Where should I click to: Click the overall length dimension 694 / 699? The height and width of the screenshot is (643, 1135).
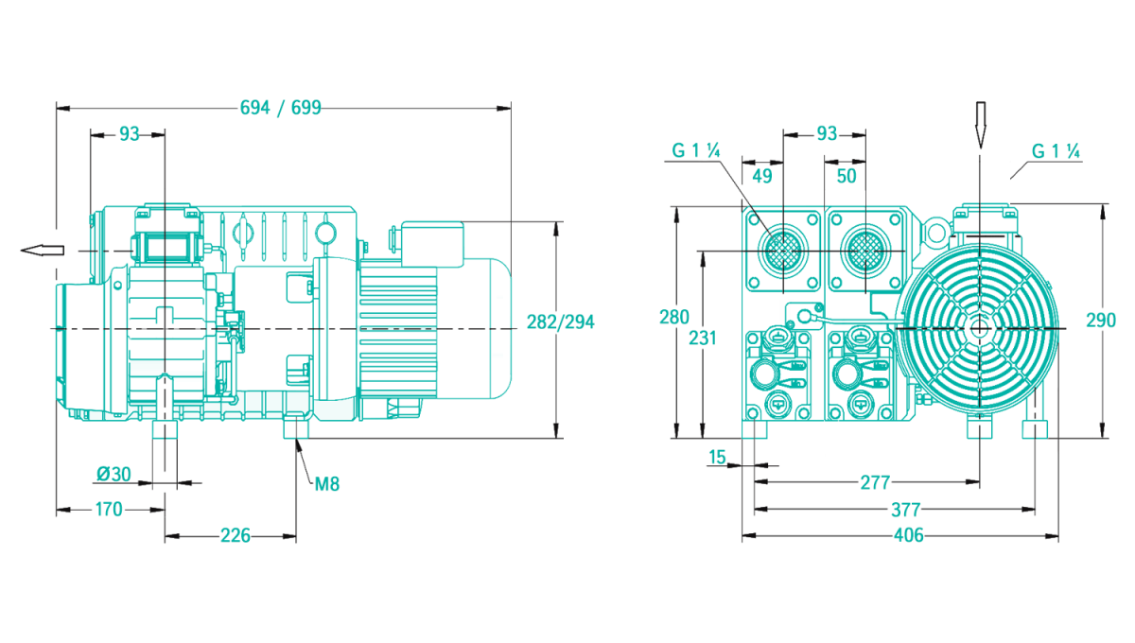click(280, 107)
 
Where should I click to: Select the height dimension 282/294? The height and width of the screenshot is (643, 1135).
click(560, 321)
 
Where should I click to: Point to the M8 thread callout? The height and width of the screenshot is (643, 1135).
click(326, 484)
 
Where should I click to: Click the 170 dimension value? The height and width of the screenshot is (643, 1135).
click(109, 510)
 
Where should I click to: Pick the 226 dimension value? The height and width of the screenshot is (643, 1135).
click(235, 536)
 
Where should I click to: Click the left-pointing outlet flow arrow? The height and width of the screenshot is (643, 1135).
click(42, 250)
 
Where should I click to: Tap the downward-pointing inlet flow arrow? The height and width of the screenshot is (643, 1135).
click(981, 123)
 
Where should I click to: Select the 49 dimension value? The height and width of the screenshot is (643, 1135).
click(761, 176)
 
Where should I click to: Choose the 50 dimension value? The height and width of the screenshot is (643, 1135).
click(846, 176)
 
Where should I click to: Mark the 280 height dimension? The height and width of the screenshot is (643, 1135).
click(674, 318)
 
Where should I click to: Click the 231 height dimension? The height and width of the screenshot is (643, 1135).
click(701, 338)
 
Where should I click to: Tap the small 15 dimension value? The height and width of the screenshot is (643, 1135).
click(717, 458)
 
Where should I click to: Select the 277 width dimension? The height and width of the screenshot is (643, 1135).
click(875, 482)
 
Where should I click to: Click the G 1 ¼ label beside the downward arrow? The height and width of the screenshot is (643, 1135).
click(1056, 151)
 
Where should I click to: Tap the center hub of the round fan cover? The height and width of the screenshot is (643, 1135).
click(979, 326)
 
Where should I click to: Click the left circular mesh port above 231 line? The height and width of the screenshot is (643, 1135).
click(782, 251)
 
